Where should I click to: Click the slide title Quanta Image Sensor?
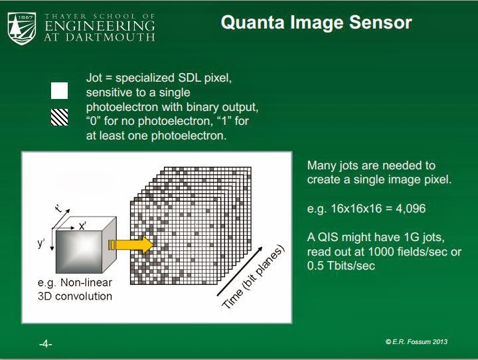pos(316,23)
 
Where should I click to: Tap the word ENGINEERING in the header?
pos(100,26)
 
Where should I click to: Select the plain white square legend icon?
pos(60,90)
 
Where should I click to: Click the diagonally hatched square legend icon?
pos(60,117)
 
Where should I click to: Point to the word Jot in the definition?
pos(96,78)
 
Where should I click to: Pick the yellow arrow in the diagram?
pos(131,246)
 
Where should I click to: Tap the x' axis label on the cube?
pos(83,226)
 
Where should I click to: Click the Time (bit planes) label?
pos(253,277)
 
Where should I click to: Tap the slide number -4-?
pos(45,343)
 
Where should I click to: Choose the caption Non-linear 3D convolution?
pos(75,290)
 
